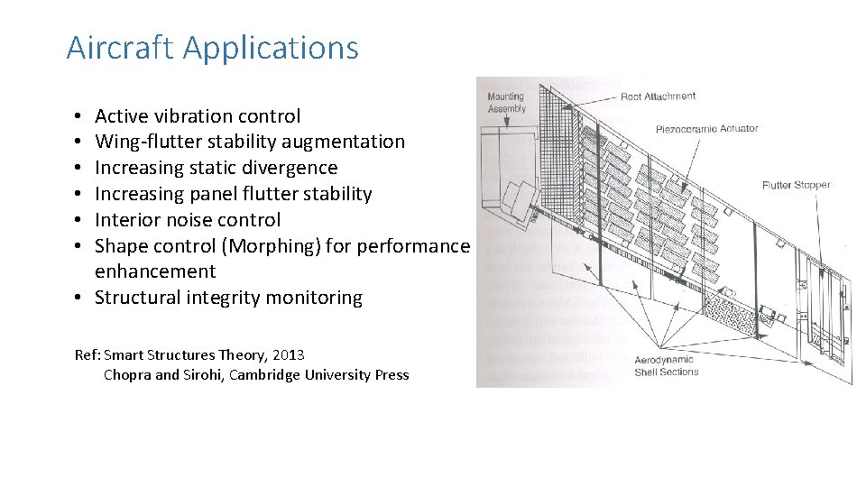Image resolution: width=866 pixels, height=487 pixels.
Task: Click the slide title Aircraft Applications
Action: tap(212, 48)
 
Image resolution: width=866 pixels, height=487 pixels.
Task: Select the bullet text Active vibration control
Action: tap(198, 116)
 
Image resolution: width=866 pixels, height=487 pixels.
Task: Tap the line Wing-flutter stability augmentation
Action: tap(250, 142)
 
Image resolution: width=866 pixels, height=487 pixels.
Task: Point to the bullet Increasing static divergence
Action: tap(216, 168)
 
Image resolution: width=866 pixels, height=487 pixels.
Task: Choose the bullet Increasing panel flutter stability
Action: tap(233, 194)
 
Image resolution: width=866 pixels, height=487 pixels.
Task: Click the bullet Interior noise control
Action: tap(188, 220)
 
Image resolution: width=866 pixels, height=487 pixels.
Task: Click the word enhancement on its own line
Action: tap(155, 271)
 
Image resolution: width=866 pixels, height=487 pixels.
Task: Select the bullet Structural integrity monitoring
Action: tap(228, 298)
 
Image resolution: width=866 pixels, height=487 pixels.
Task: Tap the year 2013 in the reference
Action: tap(288, 355)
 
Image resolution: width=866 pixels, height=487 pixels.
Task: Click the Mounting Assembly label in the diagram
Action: tap(506, 102)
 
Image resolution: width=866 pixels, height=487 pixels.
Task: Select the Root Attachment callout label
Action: tap(658, 96)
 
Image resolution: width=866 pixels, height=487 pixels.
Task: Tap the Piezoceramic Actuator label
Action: tap(707, 128)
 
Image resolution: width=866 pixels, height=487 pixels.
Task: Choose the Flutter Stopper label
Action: tap(796, 185)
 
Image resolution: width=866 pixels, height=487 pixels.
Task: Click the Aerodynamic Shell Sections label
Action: tap(667, 365)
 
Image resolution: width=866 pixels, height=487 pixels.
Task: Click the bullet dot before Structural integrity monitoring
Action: tap(80, 299)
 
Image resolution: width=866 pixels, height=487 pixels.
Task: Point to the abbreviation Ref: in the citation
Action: tap(88, 355)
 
